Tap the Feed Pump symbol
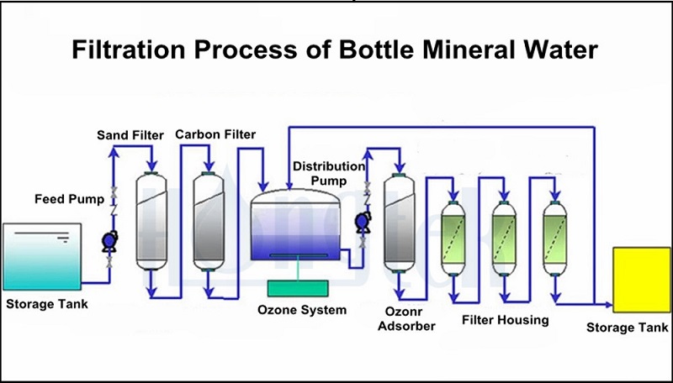pos(108,242)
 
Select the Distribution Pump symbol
pos(363,222)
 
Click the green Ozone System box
pos(302,287)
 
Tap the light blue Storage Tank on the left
pos(41,255)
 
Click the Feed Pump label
pos(69,199)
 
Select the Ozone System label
pos(302,310)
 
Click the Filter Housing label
pos(506,319)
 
